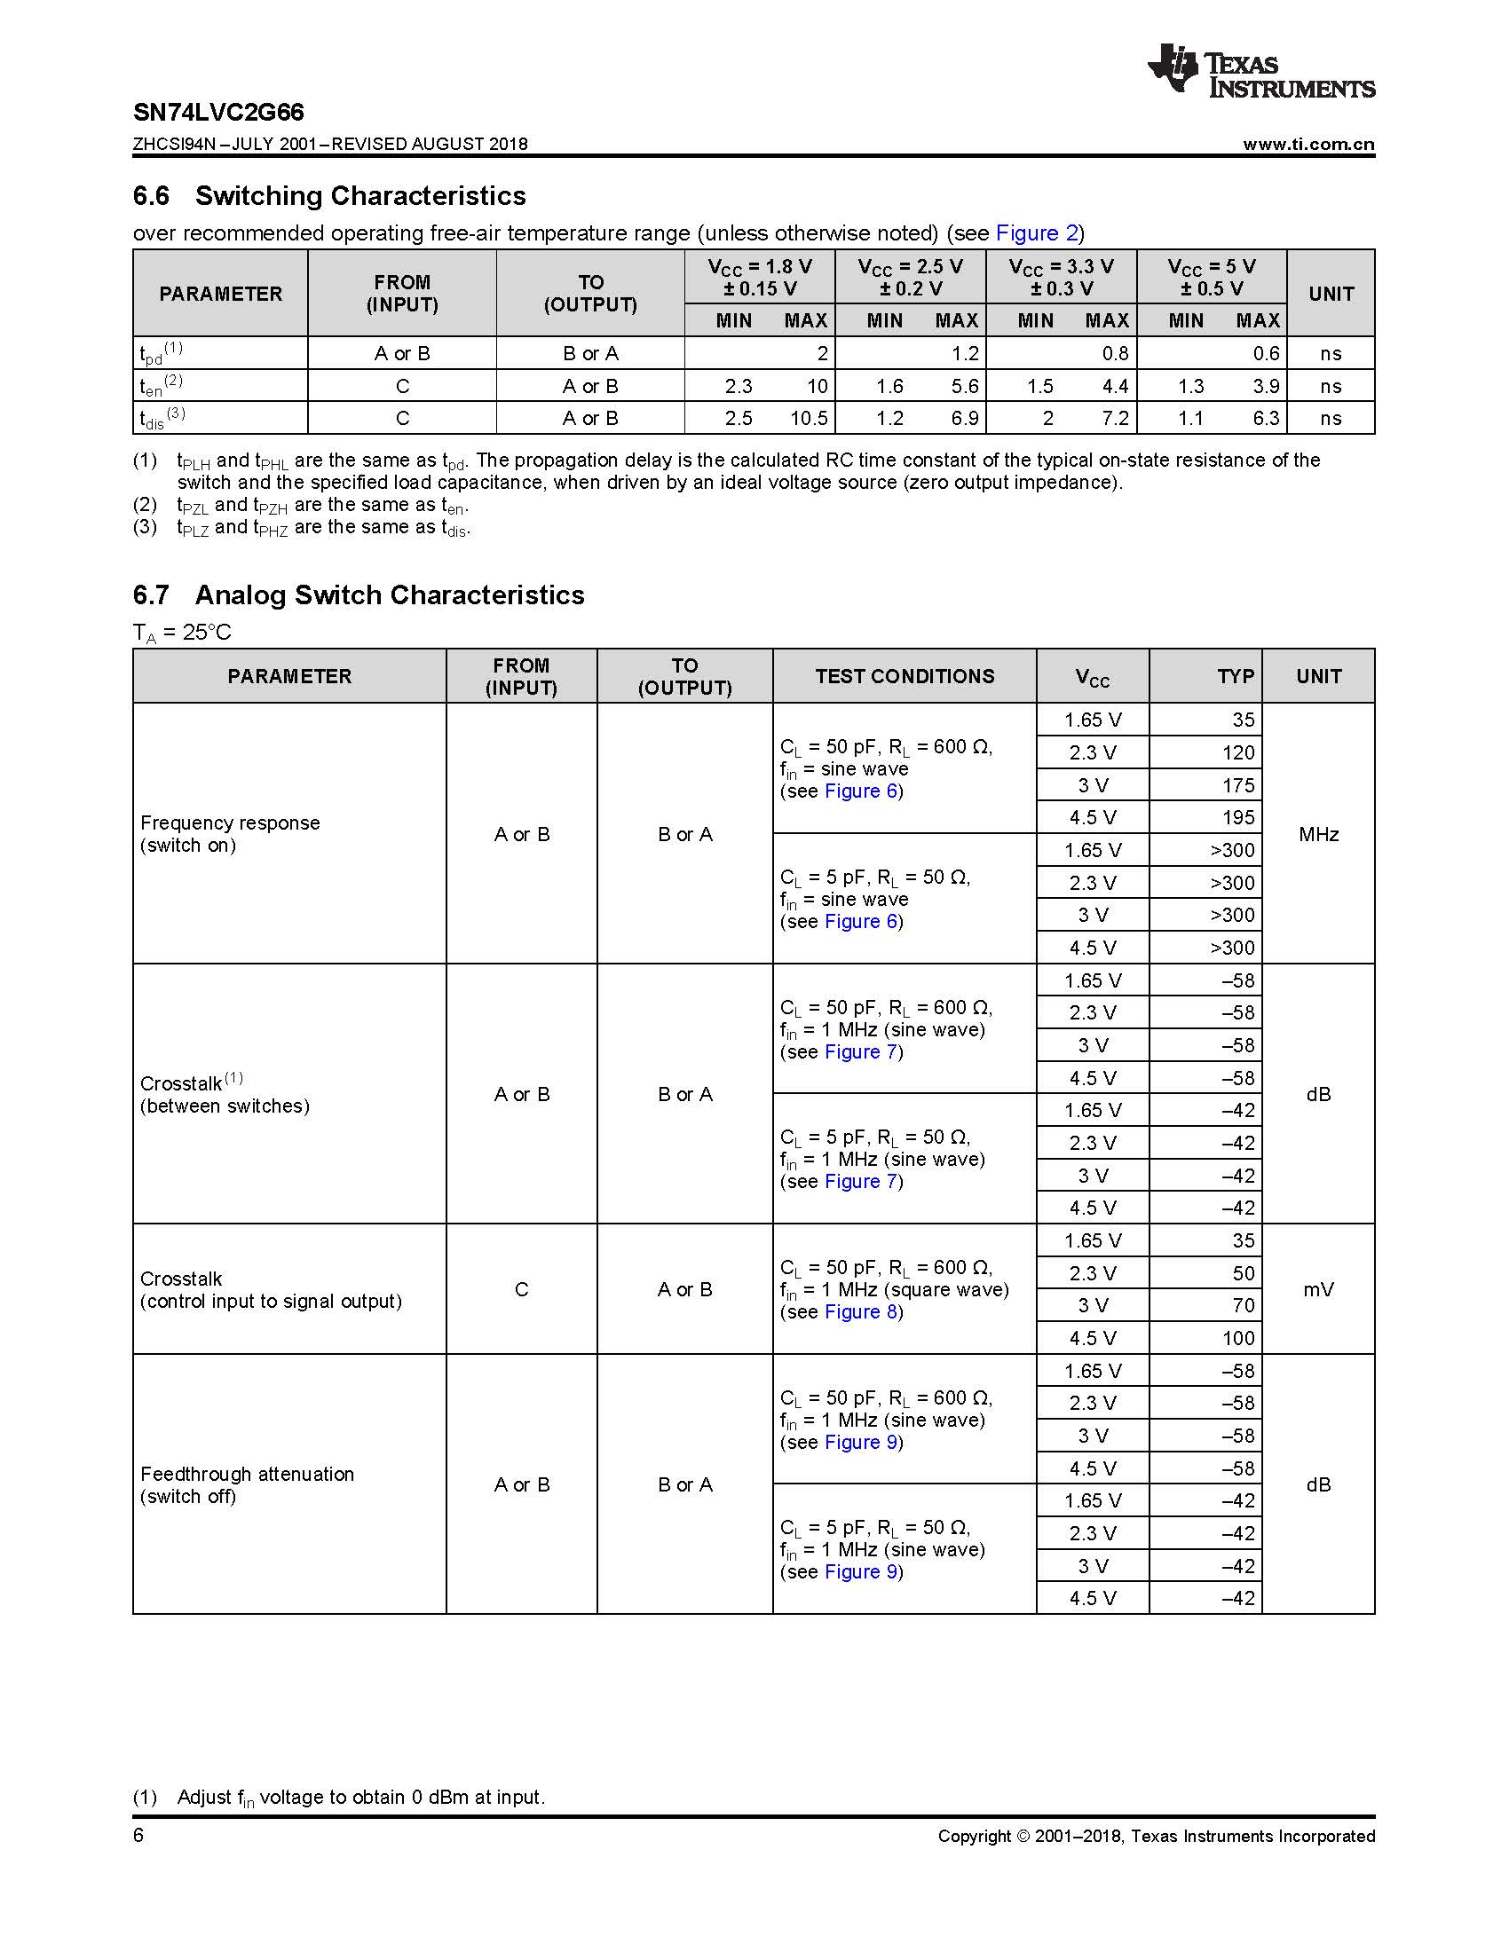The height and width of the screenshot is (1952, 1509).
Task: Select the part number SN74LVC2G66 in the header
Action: (218, 113)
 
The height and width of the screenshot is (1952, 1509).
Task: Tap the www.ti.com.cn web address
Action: (1308, 145)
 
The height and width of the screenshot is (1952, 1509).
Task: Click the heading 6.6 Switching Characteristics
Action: (329, 196)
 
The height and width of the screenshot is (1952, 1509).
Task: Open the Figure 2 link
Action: (1037, 233)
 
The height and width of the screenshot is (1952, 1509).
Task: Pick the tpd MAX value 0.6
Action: (1266, 353)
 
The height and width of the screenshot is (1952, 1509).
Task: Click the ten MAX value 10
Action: (817, 386)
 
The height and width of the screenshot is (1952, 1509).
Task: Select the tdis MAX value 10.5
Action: (809, 418)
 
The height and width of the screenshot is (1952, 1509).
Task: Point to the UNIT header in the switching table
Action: (1331, 294)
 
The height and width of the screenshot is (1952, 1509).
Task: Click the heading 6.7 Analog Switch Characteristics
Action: (359, 595)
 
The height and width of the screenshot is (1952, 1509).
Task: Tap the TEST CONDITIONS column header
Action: (904, 677)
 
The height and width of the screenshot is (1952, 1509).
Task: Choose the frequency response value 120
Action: (1238, 752)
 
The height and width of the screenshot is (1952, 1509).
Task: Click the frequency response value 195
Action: (1238, 817)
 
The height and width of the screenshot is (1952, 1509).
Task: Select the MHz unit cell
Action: (1317, 834)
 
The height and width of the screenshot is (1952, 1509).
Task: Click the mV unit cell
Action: (1317, 1289)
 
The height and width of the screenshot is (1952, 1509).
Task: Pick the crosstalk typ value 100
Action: (1238, 1338)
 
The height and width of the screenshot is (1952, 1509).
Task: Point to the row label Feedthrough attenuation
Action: (247, 1474)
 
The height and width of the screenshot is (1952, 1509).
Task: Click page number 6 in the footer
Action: (138, 1836)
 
